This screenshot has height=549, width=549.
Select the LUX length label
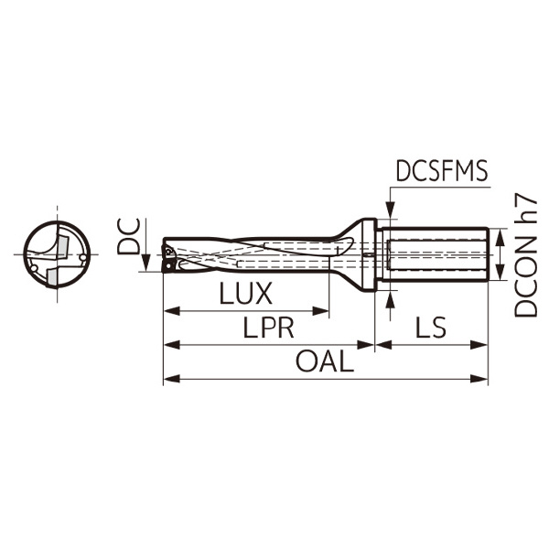pyautogui.click(x=246, y=295)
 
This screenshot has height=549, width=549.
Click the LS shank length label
pyautogui.click(x=430, y=328)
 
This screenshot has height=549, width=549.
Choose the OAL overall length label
pyautogui.click(x=324, y=362)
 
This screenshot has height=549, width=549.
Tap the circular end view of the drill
pyautogui.click(x=57, y=252)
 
